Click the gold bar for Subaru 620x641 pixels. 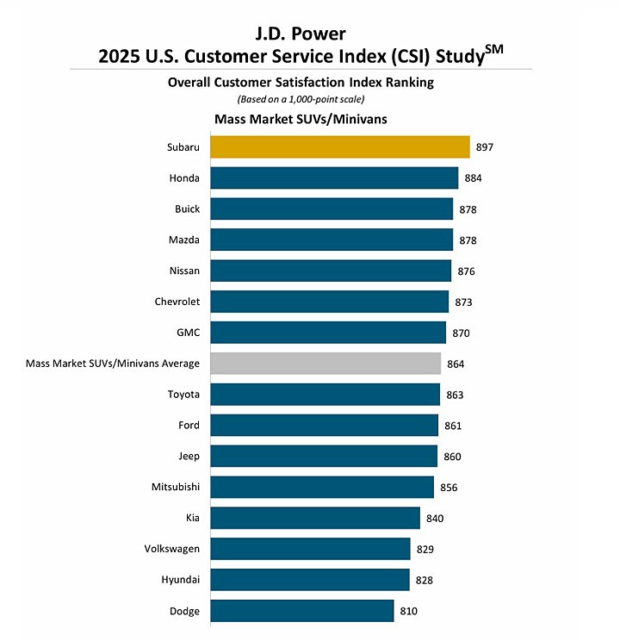pyautogui.click(x=340, y=147)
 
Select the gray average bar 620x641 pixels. pyautogui.click(x=325, y=364)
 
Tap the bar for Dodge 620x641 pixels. pyautogui.click(x=302, y=611)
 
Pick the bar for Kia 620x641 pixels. pyautogui.click(x=315, y=518)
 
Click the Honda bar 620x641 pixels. pyautogui.click(x=334, y=178)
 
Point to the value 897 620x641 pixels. pyautogui.click(x=485, y=147)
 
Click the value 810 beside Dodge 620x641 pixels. pyautogui.click(x=409, y=612)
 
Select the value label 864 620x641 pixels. pyautogui.click(x=456, y=364)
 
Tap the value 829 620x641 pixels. pyautogui.click(x=425, y=550)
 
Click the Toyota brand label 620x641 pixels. pyautogui.click(x=183, y=395)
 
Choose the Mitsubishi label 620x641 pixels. pyautogui.click(x=175, y=488)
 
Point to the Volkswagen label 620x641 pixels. pyautogui.click(x=172, y=550)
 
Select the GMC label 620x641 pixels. pyautogui.click(x=187, y=333)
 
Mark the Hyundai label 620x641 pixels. pyautogui.click(x=179, y=581)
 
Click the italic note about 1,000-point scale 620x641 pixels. pyautogui.click(x=301, y=99)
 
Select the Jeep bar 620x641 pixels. pyautogui.click(x=324, y=457)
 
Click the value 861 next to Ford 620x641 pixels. pyautogui.click(x=453, y=426)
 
